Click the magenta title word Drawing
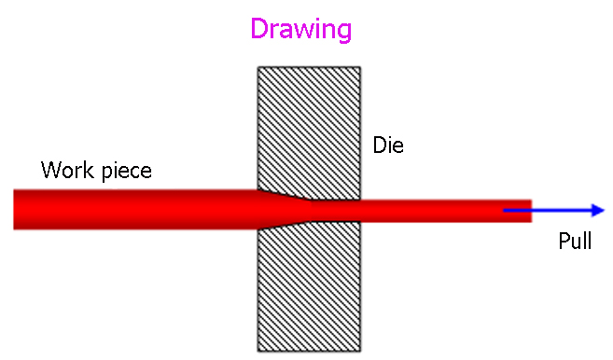coord(300,29)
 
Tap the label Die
coord(387,145)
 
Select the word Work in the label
coord(63,172)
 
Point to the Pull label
coord(575,242)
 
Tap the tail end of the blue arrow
coord(505,210)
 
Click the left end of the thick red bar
coord(15,209)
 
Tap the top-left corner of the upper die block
coord(258,67)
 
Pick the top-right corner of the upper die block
coord(361,67)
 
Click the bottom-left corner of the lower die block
coord(258,351)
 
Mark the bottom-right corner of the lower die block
coord(361,351)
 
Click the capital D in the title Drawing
coord(260,29)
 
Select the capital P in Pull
coord(563,242)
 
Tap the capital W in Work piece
coord(49,172)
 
